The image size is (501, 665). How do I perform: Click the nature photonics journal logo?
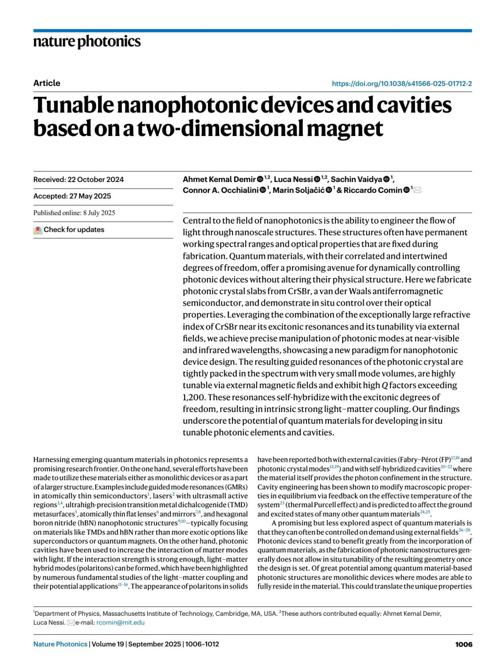[87, 42]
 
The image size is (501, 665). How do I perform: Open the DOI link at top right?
[402, 83]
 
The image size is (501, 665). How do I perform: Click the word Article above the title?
[47, 83]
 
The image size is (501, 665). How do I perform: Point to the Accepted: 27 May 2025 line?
[72, 196]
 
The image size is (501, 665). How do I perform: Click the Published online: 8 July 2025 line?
[74, 213]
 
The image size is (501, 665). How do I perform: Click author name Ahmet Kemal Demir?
[219, 180]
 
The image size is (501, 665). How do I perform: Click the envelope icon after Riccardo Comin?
[417, 190]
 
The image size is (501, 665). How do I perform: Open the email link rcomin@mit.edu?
[121, 622]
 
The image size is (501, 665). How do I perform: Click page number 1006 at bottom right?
[463, 644]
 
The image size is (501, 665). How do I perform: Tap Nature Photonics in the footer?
[61, 644]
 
